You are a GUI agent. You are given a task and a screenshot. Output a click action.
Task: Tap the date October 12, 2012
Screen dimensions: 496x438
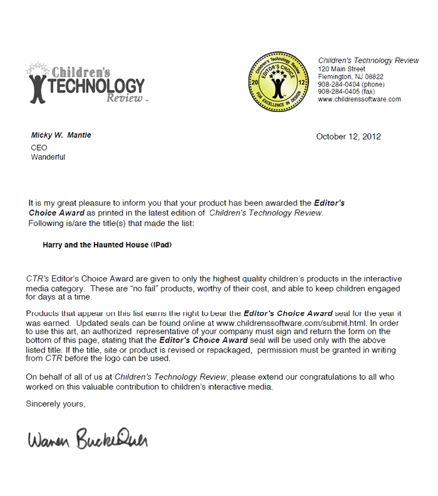point(349,136)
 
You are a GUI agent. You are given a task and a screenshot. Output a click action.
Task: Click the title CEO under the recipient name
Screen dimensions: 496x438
point(38,147)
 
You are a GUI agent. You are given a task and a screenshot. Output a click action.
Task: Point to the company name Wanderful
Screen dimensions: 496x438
point(48,157)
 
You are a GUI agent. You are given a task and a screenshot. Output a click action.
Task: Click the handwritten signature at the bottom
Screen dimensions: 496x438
point(87,441)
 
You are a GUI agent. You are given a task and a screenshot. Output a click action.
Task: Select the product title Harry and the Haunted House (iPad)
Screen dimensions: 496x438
point(107,245)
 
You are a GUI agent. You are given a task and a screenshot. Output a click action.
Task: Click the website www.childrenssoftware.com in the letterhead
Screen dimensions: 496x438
point(359,99)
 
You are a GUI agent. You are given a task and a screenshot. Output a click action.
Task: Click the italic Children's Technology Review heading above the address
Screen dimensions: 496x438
point(369,60)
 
